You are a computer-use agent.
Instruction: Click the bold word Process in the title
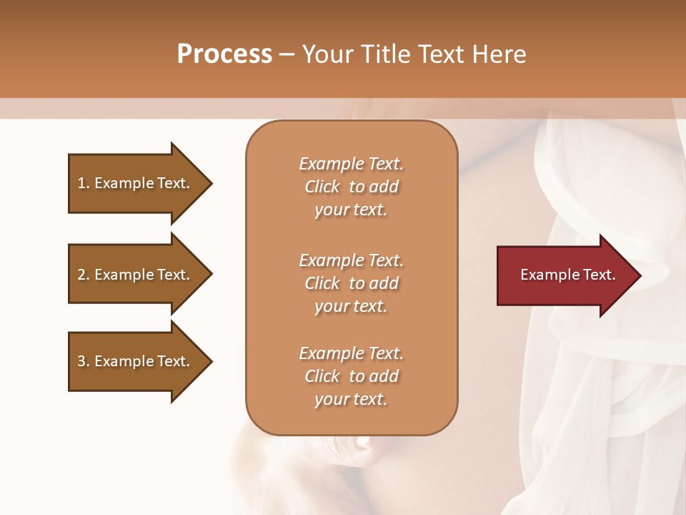[x=224, y=54]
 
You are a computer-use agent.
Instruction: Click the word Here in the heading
[x=497, y=54]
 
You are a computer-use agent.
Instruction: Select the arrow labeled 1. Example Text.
[x=136, y=183]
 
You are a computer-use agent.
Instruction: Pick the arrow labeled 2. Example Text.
[x=136, y=275]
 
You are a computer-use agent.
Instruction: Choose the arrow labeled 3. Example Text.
[x=136, y=361]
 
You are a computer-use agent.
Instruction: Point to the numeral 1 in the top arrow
[x=81, y=183]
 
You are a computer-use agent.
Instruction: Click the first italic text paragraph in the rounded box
[x=351, y=187]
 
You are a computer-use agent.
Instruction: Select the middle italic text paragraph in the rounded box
[x=351, y=283]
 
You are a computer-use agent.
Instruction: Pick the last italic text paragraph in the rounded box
[x=351, y=376]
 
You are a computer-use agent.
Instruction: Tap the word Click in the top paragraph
[x=322, y=187]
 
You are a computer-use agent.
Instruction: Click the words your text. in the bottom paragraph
[x=351, y=399]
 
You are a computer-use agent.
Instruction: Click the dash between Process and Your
[x=287, y=55]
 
